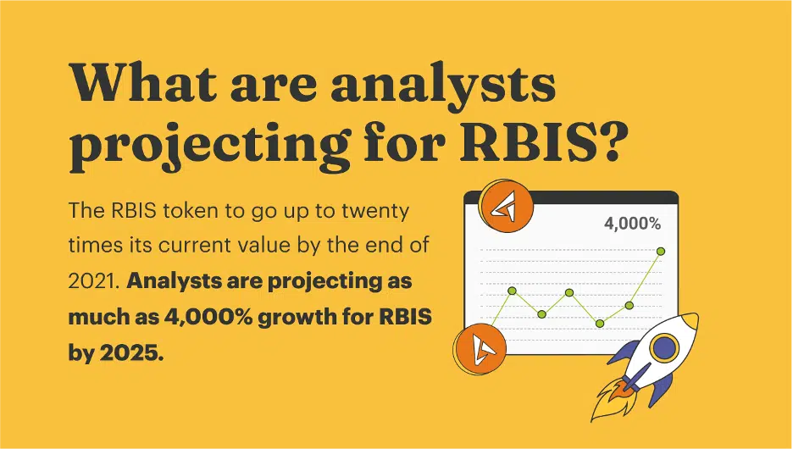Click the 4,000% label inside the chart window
click(632, 224)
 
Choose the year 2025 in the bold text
click(131, 353)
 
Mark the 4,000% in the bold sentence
click(208, 317)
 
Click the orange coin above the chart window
click(507, 207)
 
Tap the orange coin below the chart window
click(480, 349)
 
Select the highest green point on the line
click(661, 252)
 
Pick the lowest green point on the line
click(600, 324)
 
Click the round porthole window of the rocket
click(664, 347)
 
